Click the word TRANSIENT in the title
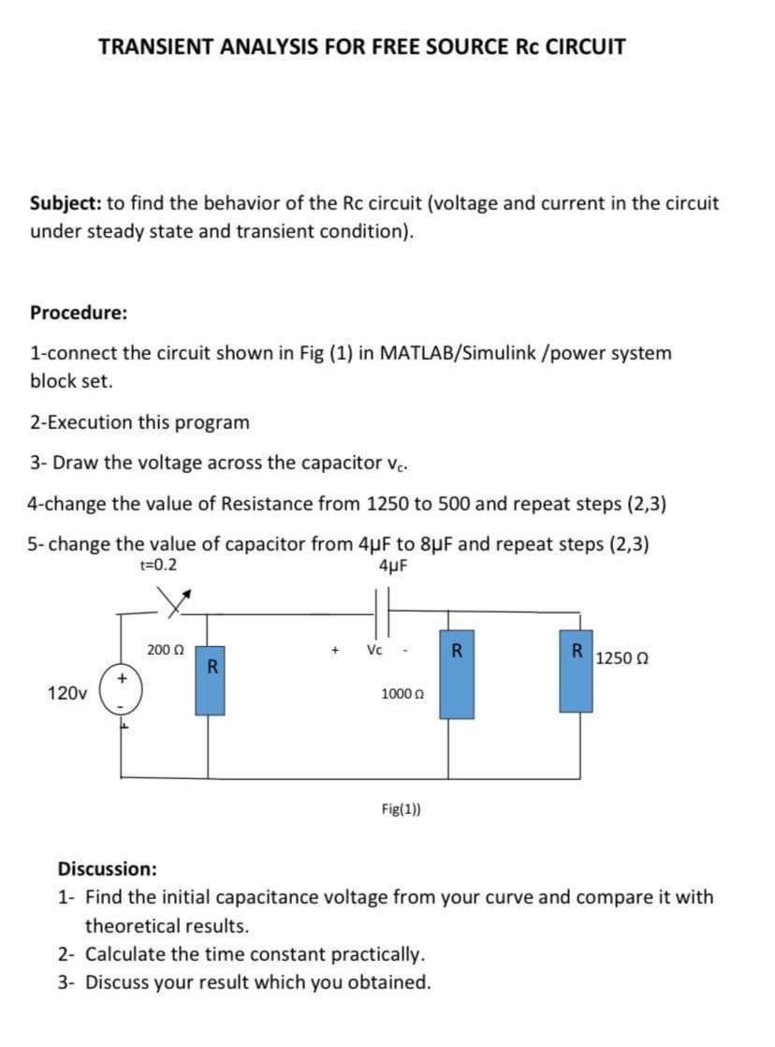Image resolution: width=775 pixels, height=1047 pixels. [x=156, y=46]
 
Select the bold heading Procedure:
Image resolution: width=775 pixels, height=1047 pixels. [x=79, y=313]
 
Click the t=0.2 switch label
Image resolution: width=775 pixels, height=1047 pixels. [x=157, y=566]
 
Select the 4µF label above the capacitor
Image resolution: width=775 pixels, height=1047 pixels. [x=390, y=567]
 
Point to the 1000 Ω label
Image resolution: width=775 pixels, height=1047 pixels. [x=397, y=693]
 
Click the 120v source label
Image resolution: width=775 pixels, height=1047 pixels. [x=66, y=694]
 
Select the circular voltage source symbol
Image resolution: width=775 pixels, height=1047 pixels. [x=121, y=695]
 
